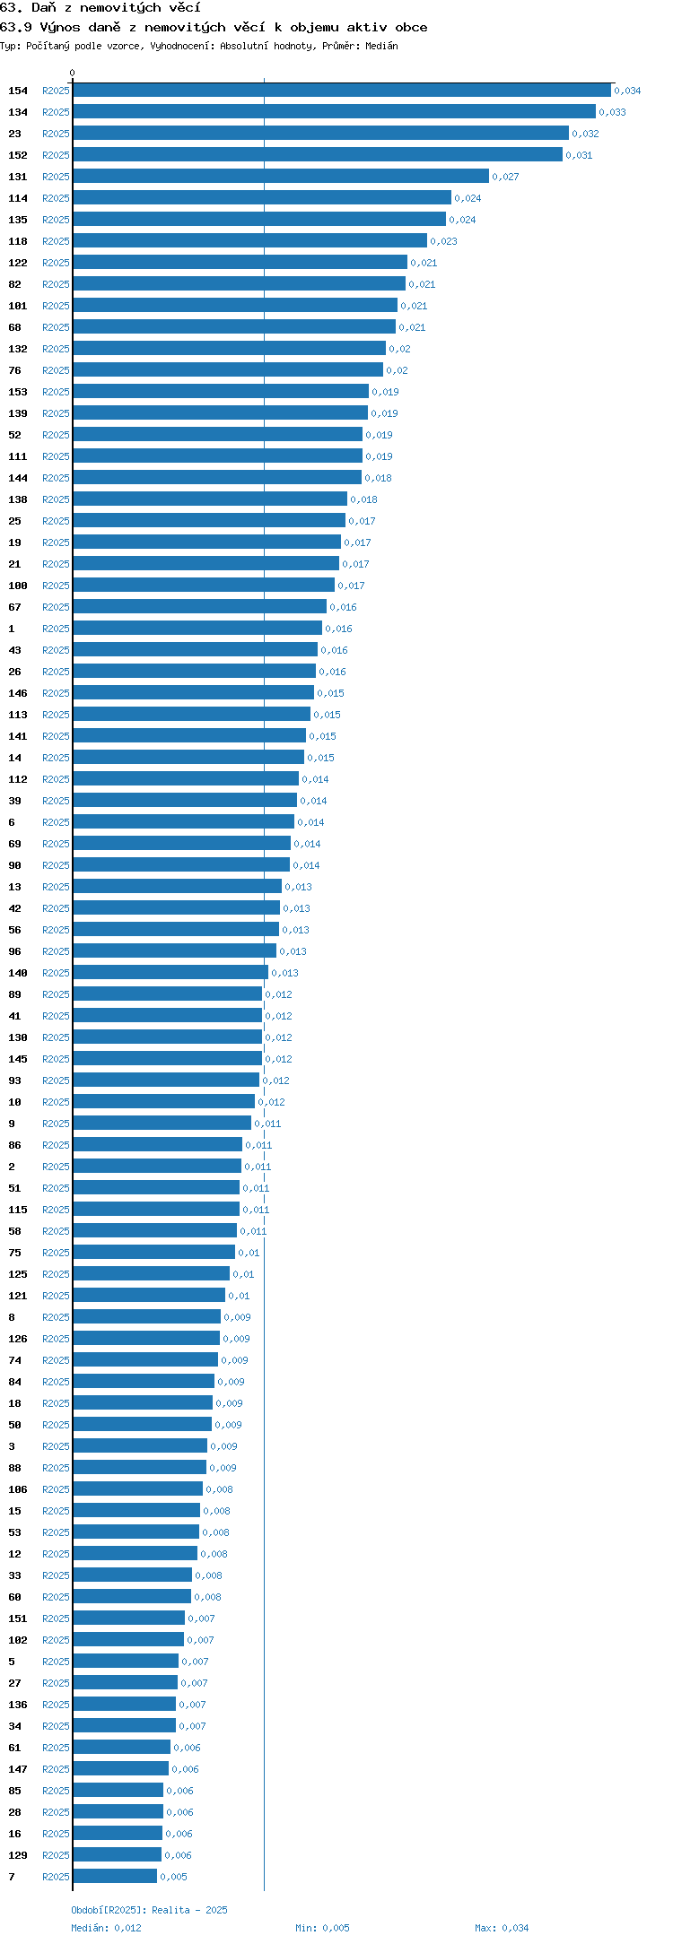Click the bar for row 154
coord(342,91)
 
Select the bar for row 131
coord(281,177)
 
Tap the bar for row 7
coord(115,1877)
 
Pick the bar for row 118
coord(249,241)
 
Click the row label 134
coord(18,112)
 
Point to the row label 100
coord(18,586)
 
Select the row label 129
coord(18,1855)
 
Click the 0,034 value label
coord(627,91)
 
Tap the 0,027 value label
coord(505,177)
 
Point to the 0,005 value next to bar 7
coord(173,1877)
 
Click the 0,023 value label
coord(443,241)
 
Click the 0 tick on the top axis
coord(73,74)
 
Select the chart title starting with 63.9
coord(214,27)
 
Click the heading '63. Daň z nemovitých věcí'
coord(101,7)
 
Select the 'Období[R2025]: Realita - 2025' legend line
coord(149,1910)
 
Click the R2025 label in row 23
coord(56,134)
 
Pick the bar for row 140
coord(170,973)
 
